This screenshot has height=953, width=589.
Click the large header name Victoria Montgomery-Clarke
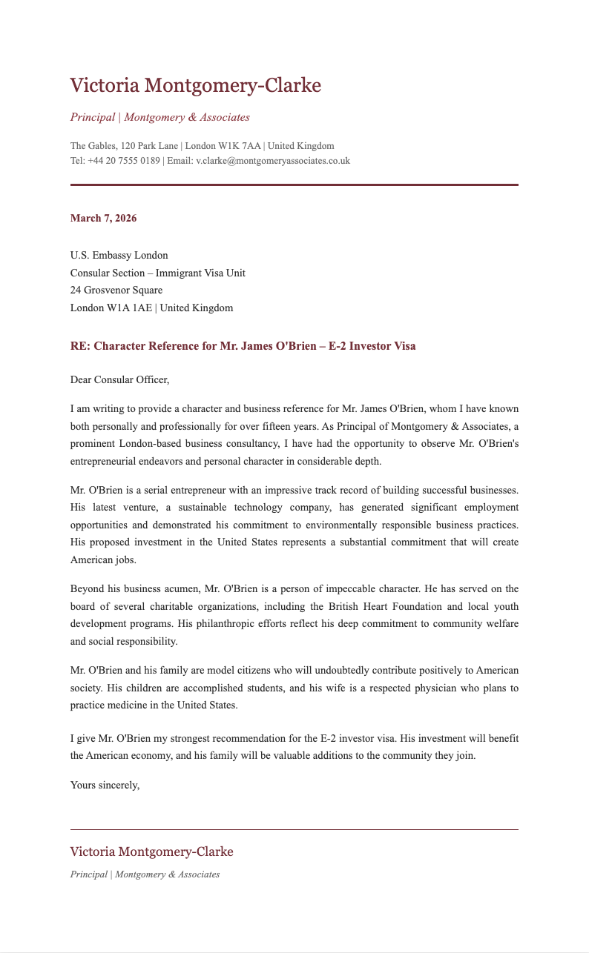195,86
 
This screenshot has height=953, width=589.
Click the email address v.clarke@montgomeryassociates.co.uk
272,161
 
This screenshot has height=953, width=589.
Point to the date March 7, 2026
103,219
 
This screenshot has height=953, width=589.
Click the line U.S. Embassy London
119,256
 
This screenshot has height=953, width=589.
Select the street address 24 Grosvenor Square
116,290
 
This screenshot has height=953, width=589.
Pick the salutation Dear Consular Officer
119,380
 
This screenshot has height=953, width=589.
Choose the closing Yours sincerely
105,786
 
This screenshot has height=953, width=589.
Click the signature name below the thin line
151,852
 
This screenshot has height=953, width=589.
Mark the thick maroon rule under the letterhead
294,185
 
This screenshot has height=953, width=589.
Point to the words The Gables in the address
93,146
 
